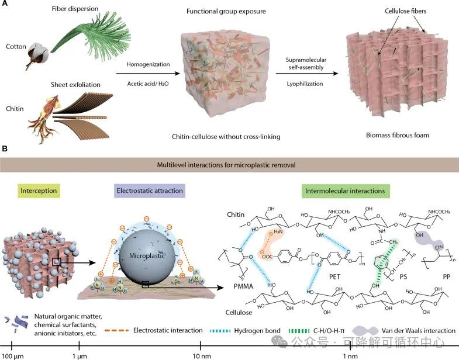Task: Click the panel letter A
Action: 5,5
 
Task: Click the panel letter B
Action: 5,150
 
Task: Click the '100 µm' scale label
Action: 13,354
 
